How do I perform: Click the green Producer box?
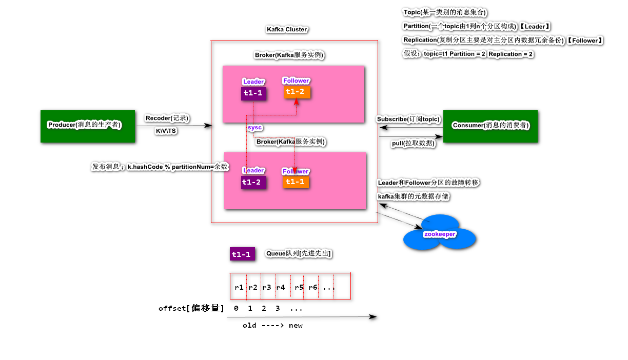(88, 126)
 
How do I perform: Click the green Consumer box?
(490, 126)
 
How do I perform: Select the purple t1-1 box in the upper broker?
(253, 93)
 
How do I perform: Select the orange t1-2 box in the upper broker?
(297, 92)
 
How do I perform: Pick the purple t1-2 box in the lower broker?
(253, 182)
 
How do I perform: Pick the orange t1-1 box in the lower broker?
(296, 182)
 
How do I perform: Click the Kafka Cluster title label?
(287, 29)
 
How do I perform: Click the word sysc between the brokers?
(254, 127)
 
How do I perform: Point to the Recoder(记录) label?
(167, 118)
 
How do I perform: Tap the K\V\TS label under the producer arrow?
(166, 131)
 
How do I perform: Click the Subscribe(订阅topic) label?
(408, 119)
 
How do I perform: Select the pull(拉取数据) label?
(413, 144)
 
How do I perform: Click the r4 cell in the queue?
(281, 288)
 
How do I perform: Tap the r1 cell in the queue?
(239, 288)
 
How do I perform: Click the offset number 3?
(278, 309)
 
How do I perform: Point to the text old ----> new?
(272, 326)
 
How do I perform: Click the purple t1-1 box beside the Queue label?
(242, 254)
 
